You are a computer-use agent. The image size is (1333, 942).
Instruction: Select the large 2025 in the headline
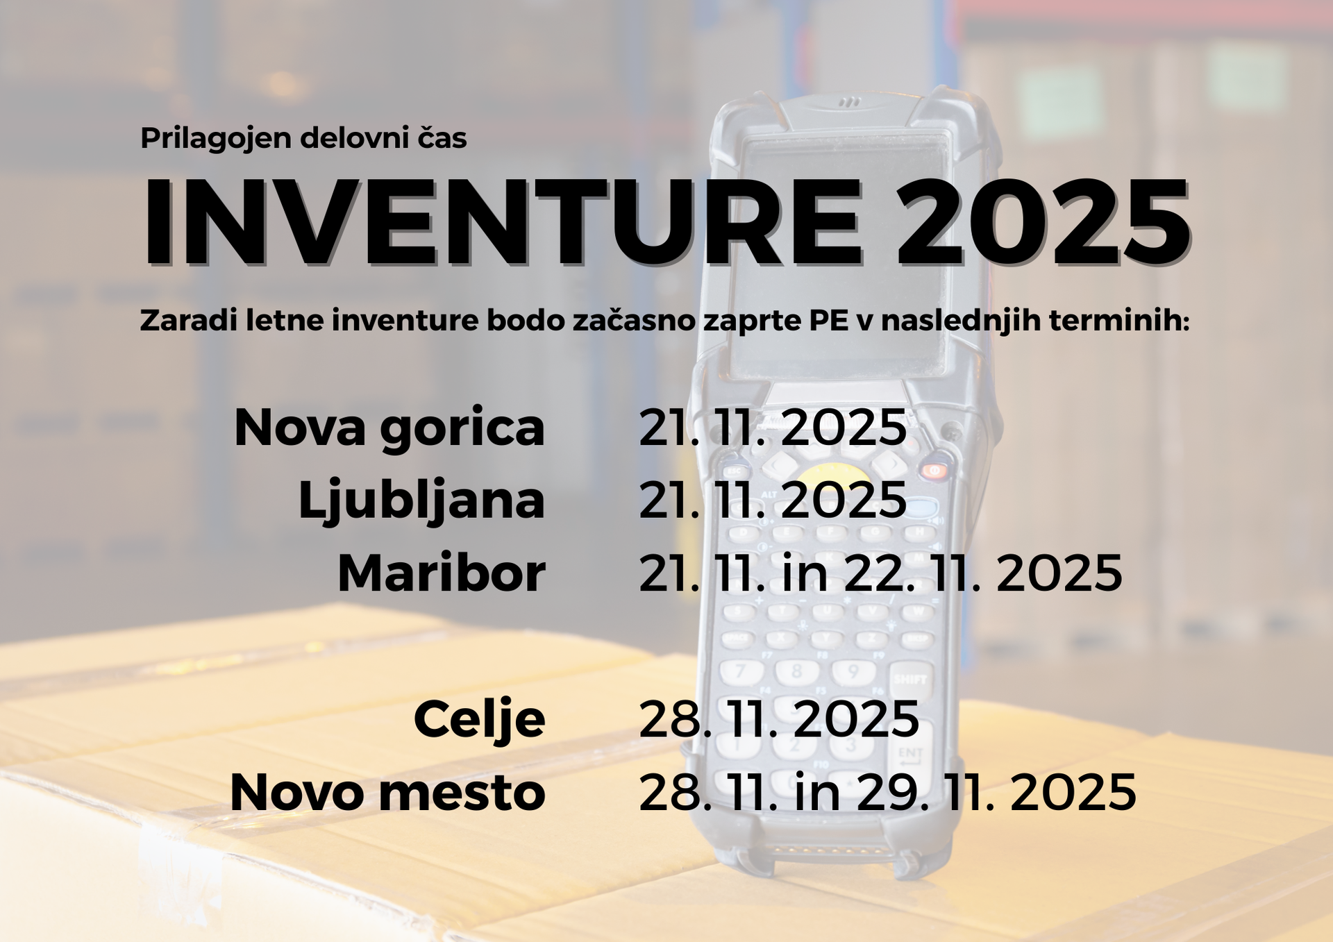pos(1043,222)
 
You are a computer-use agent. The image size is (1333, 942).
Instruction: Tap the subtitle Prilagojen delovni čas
pos(303,138)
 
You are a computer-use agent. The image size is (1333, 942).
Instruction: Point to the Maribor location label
pos(442,573)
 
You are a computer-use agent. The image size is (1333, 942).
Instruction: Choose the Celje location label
pos(480,720)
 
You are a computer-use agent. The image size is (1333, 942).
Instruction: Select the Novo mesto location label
pos(387,792)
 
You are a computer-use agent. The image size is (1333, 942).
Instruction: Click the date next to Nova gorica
pos(773,428)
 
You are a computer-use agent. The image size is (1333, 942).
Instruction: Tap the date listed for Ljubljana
pos(773,500)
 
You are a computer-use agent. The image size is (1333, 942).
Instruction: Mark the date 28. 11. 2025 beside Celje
pos(779,719)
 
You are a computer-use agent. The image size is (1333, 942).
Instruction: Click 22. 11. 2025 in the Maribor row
pos(983,573)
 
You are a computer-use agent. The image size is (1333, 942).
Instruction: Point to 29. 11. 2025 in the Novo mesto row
pos(996,792)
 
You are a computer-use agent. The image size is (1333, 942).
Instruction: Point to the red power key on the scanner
pos(934,470)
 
